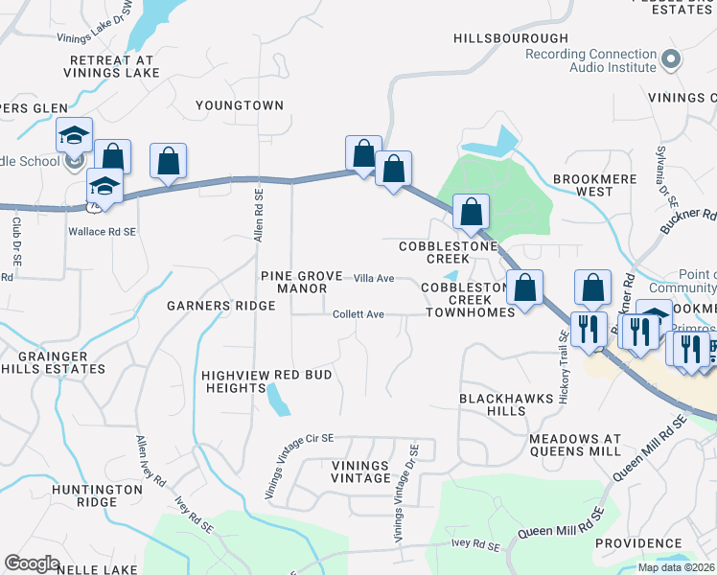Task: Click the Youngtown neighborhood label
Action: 240,104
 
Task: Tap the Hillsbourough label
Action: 511,37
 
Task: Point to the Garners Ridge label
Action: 221,306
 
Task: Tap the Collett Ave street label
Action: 358,314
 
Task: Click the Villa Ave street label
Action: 374,278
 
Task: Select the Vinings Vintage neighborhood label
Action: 360,471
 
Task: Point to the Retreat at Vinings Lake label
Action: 112,66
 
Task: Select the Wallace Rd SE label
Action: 102,231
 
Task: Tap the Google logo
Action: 32,563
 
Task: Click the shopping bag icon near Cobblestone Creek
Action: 471,212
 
